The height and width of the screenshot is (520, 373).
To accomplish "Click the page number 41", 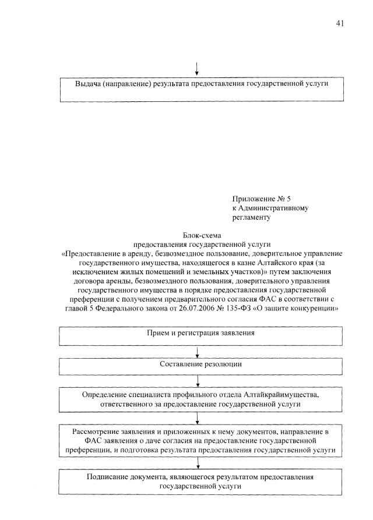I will tap(340, 23).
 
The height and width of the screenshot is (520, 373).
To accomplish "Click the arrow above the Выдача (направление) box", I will tap(197, 68).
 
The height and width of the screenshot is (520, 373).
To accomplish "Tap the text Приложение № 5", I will tap(257, 199).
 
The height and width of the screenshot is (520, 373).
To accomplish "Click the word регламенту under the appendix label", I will tap(251, 217).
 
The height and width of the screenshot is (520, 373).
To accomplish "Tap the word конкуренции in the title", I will tap(315, 308).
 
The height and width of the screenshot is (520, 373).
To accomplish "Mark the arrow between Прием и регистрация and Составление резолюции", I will tap(199, 350).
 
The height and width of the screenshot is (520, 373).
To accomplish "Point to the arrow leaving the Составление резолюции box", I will tap(199, 381).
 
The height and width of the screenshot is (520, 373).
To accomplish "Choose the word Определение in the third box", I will tap(104, 395).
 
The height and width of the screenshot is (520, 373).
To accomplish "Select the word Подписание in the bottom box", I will tap(107, 477).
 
